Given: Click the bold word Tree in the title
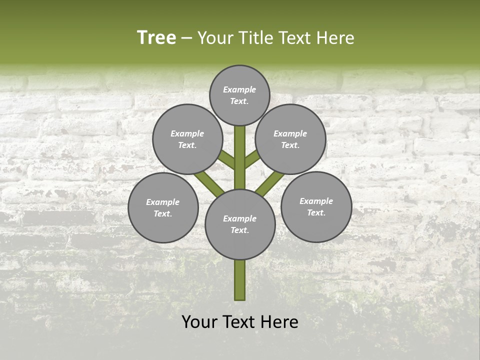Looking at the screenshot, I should pos(156,38).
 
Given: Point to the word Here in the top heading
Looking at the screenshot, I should pos(335,38).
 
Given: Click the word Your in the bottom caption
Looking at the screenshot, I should pos(199,322).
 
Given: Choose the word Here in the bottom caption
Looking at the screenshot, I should pos(279,322).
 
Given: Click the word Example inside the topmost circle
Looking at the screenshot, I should pos(239,89).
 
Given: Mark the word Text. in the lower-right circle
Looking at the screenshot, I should pos(316,212).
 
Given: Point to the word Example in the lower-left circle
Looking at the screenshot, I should pos(162,202).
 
